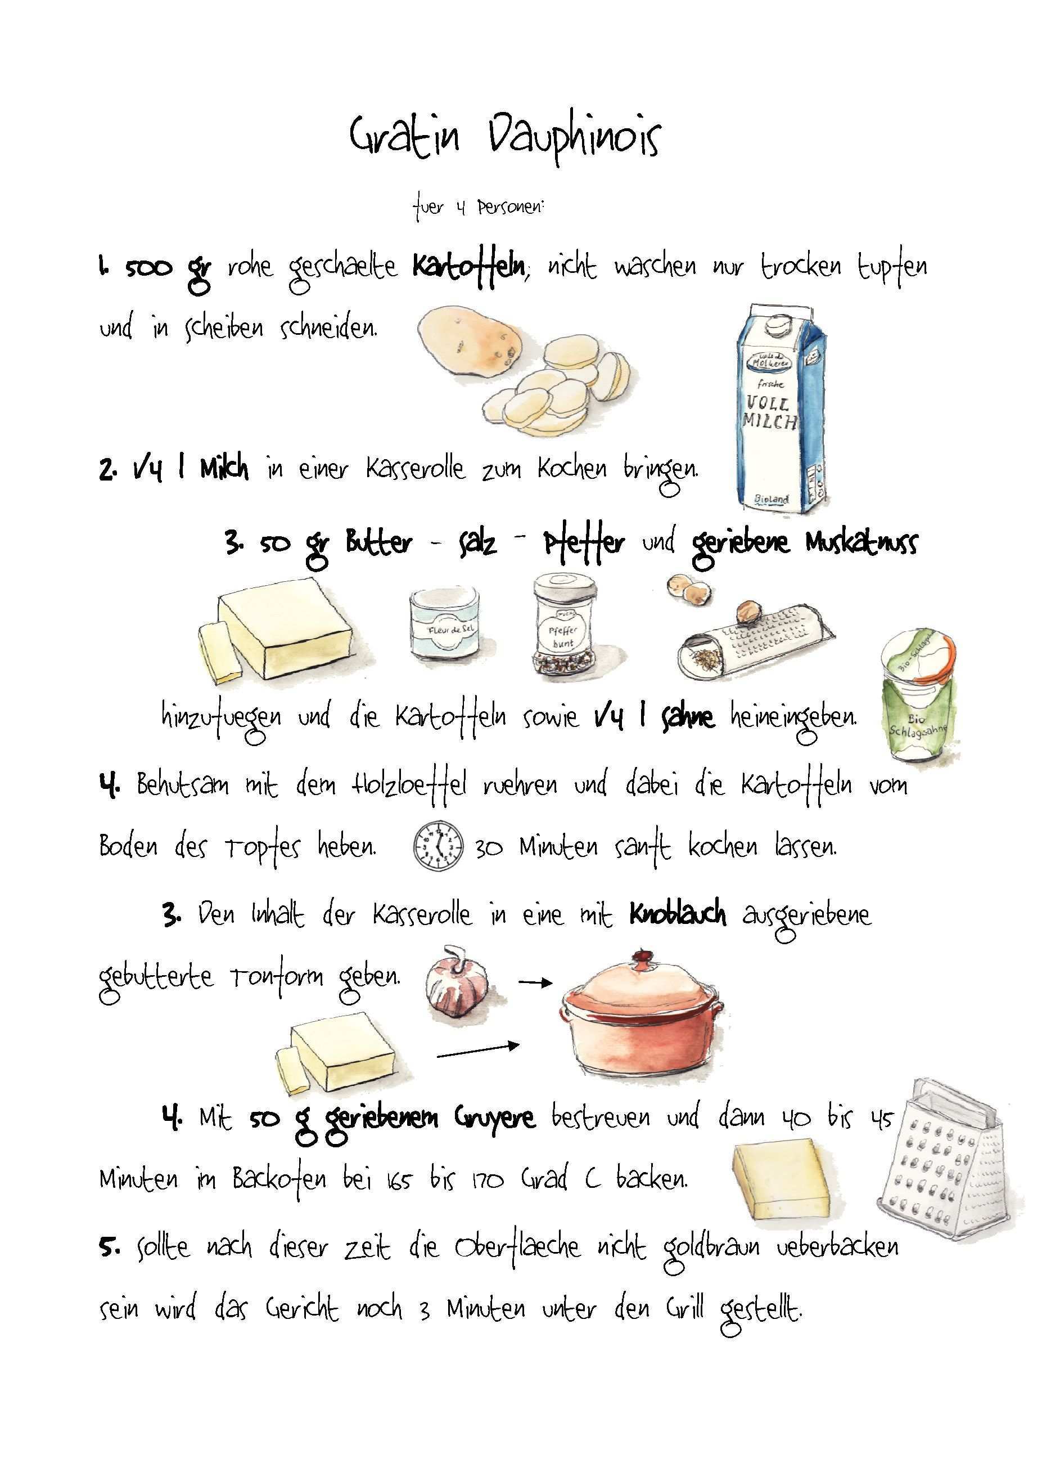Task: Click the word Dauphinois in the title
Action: pyautogui.click(x=575, y=139)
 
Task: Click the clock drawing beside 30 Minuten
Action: pyautogui.click(x=439, y=845)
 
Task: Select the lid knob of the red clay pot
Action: pyautogui.click(x=642, y=954)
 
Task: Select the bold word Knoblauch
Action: pyautogui.click(x=678, y=914)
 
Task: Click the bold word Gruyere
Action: pyautogui.click(x=494, y=1119)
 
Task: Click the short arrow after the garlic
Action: pyautogui.click(x=535, y=983)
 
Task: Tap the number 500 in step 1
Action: pyautogui.click(x=149, y=267)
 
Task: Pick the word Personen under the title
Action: pyautogui.click(x=511, y=209)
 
